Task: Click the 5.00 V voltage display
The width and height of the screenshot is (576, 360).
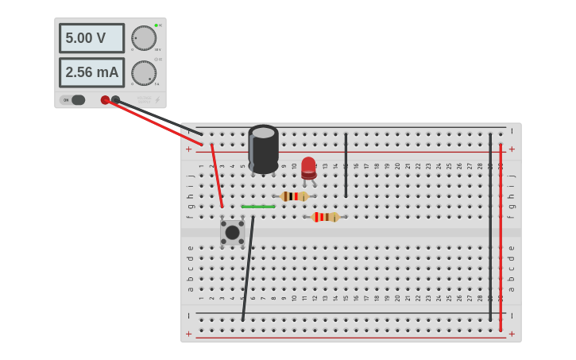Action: [91, 38]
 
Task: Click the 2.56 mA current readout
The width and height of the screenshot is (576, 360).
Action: [91, 72]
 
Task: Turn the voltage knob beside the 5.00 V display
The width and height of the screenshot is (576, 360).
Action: [144, 38]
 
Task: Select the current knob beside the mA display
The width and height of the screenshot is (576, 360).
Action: [144, 73]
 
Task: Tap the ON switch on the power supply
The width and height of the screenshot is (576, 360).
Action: [77, 100]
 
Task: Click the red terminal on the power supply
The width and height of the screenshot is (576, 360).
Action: [105, 100]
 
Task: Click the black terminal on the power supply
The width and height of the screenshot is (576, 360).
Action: [116, 100]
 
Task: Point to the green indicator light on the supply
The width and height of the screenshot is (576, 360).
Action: [157, 25]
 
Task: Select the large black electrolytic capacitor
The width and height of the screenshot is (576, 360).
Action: [264, 149]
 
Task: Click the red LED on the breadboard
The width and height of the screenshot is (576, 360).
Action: [308, 168]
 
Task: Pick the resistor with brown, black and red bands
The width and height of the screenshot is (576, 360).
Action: [294, 196]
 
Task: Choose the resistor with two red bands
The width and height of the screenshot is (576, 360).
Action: [325, 217]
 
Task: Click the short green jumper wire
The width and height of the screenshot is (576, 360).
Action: [258, 207]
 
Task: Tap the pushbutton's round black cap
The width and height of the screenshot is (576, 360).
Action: [233, 233]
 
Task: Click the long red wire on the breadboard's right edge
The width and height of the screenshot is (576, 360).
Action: [501, 238]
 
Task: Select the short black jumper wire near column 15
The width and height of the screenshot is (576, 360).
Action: [346, 165]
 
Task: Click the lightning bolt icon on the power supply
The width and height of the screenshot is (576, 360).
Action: [157, 100]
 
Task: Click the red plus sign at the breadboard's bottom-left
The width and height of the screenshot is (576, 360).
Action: [189, 335]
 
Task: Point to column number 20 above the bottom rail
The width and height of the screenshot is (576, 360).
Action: [397, 299]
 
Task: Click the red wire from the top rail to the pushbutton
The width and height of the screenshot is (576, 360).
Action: [216, 175]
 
